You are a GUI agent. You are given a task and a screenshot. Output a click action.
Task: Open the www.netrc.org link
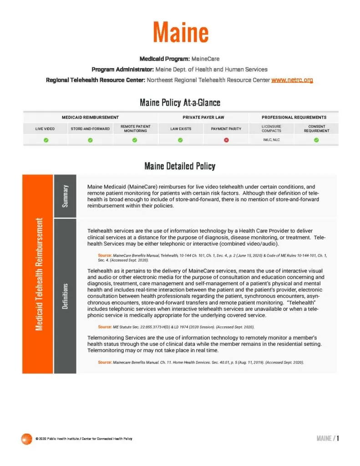[292, 80]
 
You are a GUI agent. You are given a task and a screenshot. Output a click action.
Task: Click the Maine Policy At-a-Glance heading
[180, 103]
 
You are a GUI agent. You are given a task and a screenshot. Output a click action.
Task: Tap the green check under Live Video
[46, 140]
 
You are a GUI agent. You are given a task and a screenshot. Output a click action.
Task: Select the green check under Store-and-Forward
[90, 140]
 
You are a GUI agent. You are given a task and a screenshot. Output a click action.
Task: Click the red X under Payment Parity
[226, 140]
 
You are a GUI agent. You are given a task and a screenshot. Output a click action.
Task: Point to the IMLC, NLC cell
[271, 140]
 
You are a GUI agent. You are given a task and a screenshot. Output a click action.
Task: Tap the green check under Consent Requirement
[316, 140]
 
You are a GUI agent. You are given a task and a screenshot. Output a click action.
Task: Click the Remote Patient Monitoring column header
[135, 129]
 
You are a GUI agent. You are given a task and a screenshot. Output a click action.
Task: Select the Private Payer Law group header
[203, 117]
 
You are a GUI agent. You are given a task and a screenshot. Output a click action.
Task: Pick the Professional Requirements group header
[294, 117]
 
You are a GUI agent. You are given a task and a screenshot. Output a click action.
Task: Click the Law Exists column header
[181, 129]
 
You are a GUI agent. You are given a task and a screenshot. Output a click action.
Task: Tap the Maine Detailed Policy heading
[180, 166]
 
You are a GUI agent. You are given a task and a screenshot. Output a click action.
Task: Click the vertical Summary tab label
[66, 196]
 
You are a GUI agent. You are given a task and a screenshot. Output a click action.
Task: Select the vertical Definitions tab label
[66, 296]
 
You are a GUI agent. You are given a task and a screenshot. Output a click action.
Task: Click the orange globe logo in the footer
[26, 439]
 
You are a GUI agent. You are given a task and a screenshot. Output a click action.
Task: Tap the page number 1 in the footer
[338, 438]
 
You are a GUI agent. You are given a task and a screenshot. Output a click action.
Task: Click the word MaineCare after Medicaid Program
[206, 59]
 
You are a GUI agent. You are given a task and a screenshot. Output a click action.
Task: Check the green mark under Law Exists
[181, 140]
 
